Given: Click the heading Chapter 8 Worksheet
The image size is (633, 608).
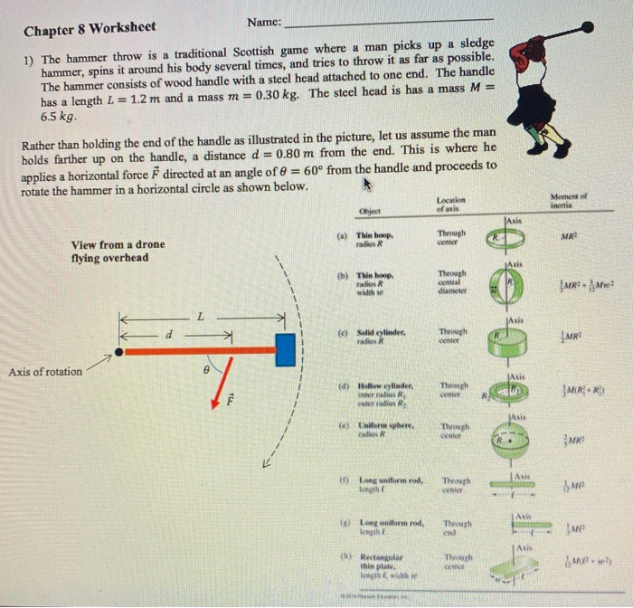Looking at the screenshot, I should pyautogui.click(x=90, y=29).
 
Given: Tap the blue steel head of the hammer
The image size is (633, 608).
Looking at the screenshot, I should pyautogui.click(x=286, y=349).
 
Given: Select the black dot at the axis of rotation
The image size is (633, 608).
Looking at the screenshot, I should pyautogui.click(x=119, y=350).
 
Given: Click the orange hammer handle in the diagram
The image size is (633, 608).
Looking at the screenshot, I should pyautogui.click(x=199, y=350).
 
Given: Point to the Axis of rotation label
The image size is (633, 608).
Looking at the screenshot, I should pyautogui.click(x=45, y=371).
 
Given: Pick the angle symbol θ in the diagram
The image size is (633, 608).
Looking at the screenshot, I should pyautogui.click(x=207, y=371).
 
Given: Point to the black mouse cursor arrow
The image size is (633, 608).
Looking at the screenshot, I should pyautogui.click(x=367, y=186).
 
